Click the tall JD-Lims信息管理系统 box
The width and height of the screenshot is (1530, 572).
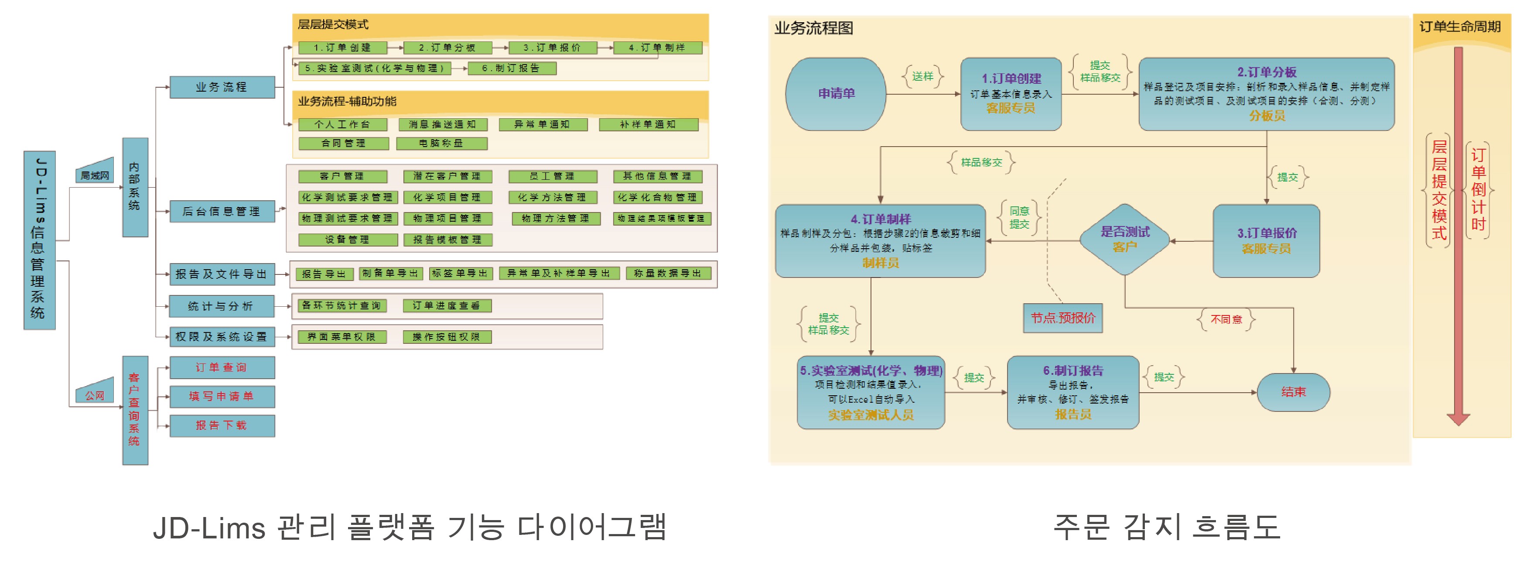coord(39,240)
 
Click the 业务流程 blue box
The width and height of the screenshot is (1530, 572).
coord(222,87)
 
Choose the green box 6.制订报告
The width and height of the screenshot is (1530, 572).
coord(512,69)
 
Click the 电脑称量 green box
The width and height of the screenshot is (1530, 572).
coord(441,143)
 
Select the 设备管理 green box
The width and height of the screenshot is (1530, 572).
coord(348,240)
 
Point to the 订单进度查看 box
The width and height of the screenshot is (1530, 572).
coord(447,305)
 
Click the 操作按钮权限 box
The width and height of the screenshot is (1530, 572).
coord(447,337)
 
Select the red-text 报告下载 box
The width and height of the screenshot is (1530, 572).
coord(222,425)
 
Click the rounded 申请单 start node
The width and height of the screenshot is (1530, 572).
coord(836,94)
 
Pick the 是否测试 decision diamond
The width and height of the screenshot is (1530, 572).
coord(1124,240)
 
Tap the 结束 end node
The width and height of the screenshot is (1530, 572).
coord(1293,392)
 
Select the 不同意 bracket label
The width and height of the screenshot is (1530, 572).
coord(1226,319)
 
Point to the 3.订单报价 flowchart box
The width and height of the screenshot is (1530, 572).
coord(1266,240)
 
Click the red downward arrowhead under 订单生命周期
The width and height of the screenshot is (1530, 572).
coord(1458,419)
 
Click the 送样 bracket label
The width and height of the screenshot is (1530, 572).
coord(922,77)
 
